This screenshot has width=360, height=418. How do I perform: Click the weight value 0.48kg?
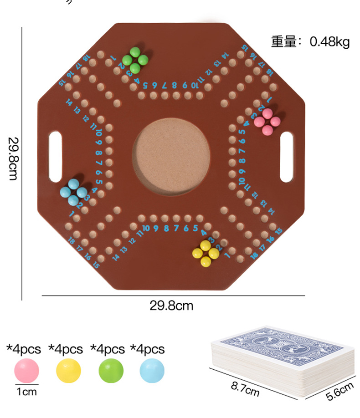330,42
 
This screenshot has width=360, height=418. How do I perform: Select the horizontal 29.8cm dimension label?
171,306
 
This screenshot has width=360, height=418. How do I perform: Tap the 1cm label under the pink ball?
26,391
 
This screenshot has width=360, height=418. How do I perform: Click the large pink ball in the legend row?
26,370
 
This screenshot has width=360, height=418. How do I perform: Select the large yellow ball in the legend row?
68,370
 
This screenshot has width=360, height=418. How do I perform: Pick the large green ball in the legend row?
111,370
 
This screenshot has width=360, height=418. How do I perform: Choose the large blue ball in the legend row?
152,370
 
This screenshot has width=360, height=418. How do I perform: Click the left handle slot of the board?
55,157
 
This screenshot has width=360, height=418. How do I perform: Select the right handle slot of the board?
286,157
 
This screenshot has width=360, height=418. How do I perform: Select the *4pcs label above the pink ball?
24,350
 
